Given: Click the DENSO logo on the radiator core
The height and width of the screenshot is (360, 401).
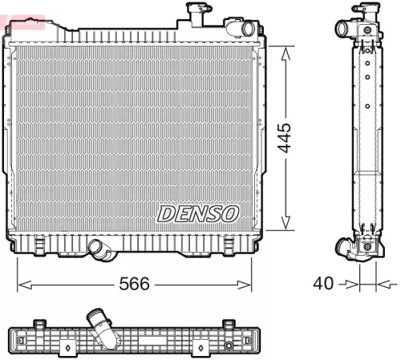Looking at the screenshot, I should (198, 213).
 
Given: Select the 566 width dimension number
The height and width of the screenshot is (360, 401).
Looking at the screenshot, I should (134, 285).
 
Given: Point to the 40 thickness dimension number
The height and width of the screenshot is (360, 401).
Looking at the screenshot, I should (323, 283).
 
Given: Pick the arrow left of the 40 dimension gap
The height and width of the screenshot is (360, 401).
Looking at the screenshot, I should (351, 283).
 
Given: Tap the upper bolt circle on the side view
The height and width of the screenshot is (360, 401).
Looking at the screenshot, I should (368, 30).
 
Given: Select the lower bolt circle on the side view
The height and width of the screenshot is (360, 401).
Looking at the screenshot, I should (368, 246).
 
